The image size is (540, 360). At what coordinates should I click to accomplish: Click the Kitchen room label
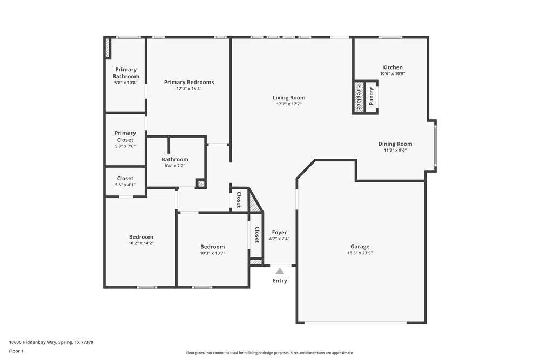click(x=392, y=67)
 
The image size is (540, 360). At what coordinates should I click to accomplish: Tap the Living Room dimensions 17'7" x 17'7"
click(x=289, y=104)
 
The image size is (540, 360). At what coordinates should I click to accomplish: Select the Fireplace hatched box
click(x=358, y=97)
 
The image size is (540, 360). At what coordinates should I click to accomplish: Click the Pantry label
click(x=372, y=97)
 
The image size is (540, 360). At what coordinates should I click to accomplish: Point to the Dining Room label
click(x=395, y=144)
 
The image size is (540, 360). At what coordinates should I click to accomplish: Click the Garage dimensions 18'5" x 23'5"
click(x=360, y=253)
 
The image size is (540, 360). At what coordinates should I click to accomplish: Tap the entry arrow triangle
click(x=280, y=271)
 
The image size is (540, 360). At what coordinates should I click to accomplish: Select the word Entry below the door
click(x=280, y=281)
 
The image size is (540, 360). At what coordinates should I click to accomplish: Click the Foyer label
click(x=279, y=232)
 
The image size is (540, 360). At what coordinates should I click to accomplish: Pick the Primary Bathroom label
click(x=126, y=73)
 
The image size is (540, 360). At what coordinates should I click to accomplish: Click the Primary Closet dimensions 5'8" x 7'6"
click(x=125, y=146)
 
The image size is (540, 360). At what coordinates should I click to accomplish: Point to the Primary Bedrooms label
click(x=189, y=82)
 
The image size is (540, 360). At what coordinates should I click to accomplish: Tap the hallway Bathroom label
click(x=175, y=159)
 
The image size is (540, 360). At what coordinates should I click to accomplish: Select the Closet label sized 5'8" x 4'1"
click(x=125, y=178)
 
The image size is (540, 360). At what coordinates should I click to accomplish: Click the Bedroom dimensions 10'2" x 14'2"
click(x=141, y=243)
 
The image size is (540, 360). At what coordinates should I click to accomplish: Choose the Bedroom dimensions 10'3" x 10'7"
click(x=212, y=253)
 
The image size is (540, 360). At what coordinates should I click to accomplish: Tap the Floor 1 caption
click(x=16, y=351)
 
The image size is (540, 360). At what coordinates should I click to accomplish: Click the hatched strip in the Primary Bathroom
click(x=107, y=48)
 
